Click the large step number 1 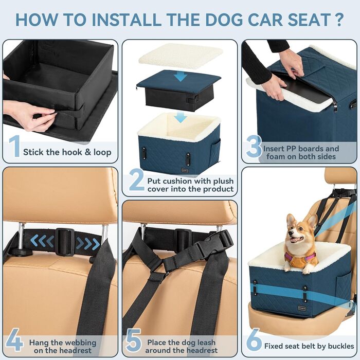point(14,147)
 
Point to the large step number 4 point(14,341)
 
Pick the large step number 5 point(134,341)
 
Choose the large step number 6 point(253,341)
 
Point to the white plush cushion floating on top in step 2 point(181,55)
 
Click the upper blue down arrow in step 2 point(180,76)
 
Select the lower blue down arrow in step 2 point(180,118)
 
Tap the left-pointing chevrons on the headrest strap point(43,240)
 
